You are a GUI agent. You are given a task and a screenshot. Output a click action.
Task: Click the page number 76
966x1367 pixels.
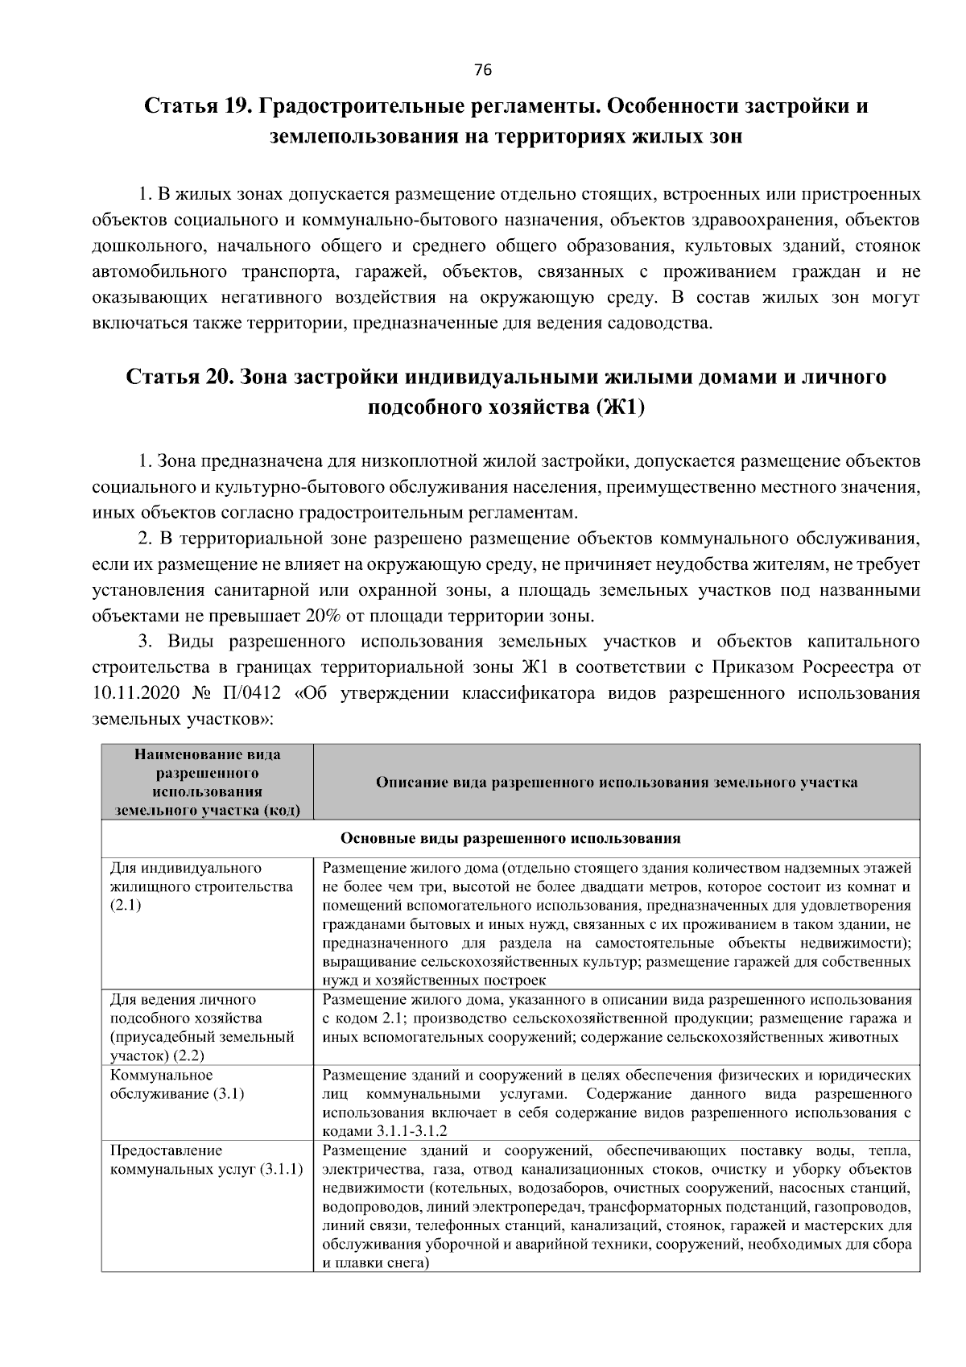click(x=483, y=70)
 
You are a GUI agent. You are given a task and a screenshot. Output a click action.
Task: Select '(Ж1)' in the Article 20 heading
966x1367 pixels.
click(x=621, y=408)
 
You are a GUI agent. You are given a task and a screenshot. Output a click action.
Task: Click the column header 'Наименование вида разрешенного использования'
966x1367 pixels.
click(x=207, y=782)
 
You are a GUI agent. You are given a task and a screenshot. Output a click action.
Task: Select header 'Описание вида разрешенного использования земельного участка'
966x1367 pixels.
click(x=616, y=782)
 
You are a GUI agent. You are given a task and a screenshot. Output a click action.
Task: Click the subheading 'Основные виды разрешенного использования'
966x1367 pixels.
click(x=510, y=839)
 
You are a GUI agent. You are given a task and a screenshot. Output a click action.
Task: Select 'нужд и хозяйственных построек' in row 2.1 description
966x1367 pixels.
click(x=434, y=980)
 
